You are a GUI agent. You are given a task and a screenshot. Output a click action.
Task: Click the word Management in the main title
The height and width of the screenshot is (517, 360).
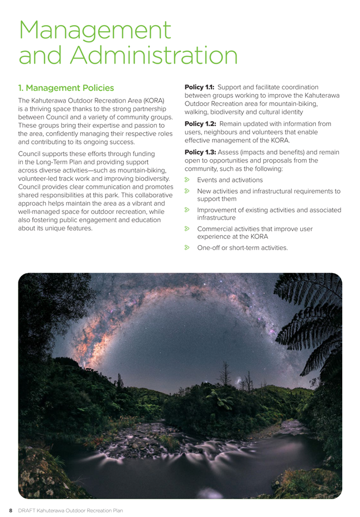(95, 30)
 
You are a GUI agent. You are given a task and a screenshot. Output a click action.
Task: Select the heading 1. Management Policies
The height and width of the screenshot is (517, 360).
(66, 88)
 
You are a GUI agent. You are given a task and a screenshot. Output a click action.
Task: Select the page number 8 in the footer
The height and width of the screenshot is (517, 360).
(9, 510)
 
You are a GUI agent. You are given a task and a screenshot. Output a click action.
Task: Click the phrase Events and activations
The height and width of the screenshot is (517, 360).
(230, 180)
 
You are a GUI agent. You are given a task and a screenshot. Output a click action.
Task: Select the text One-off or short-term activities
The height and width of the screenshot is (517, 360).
(243, 247)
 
